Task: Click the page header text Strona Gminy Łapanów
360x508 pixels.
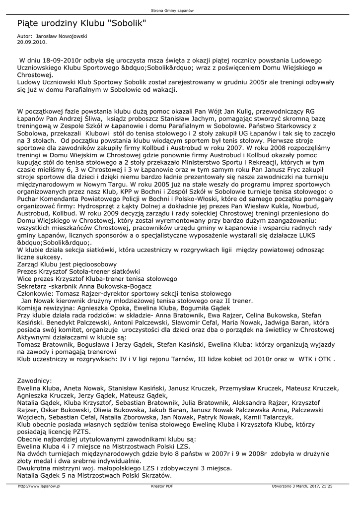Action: tap(179, 10)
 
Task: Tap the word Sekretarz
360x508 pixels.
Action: tap(34, 286)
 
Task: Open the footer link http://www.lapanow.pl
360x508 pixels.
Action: tap(39, 487)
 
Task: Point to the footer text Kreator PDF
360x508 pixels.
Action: tap(162, 487)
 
